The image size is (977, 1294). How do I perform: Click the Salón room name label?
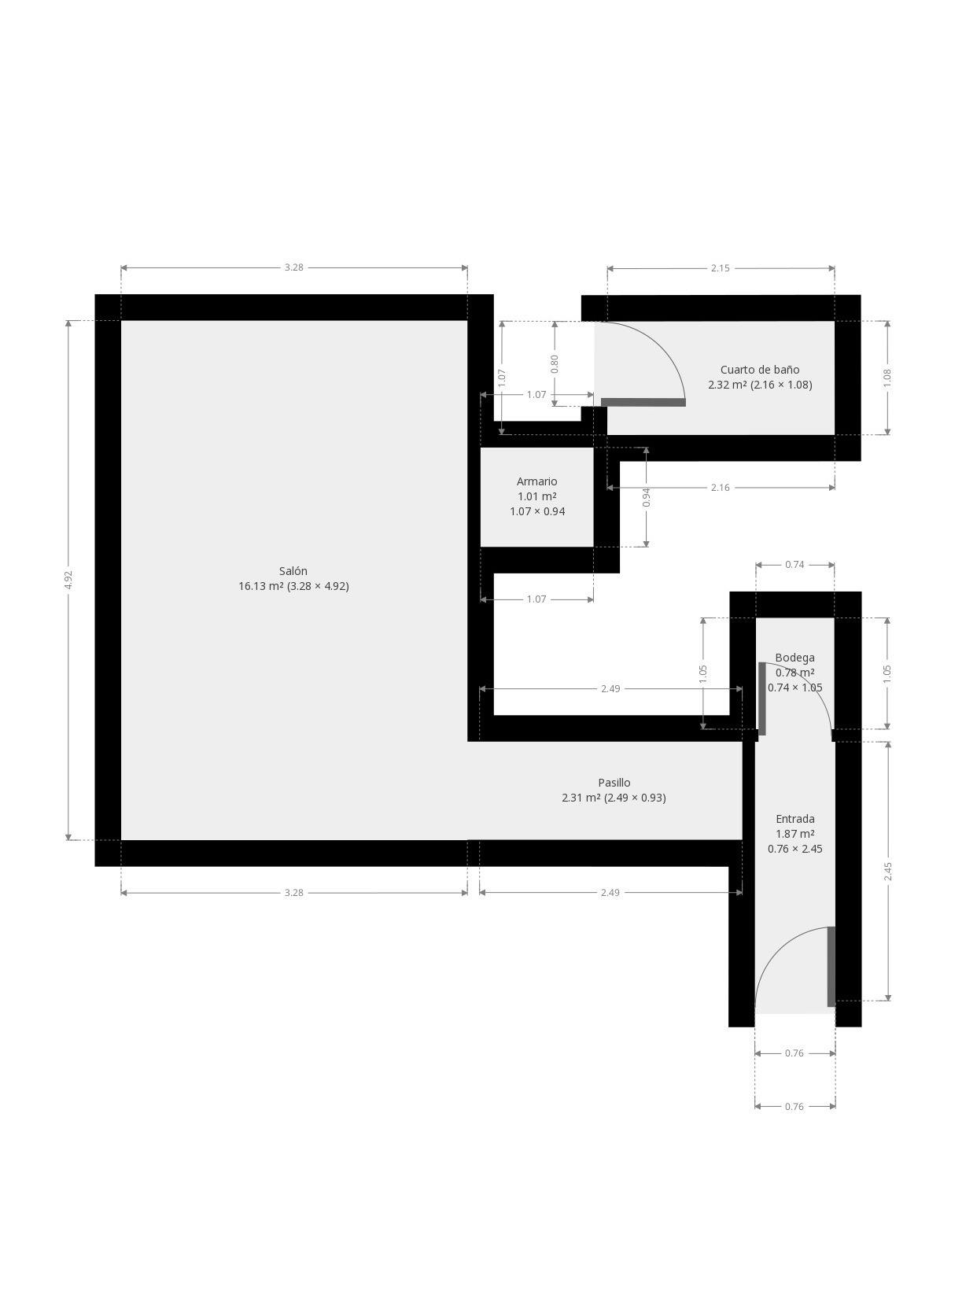click(293, 570)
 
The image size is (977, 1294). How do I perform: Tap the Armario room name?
click(536, 481)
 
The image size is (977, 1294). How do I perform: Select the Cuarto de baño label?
click(760, 370)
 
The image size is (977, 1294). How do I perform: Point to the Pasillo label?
click(614, 782)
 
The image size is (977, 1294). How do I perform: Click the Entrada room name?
click(795, 818)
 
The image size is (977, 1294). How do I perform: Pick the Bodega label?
click(795, 658)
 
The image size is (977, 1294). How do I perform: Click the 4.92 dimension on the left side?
click(68, 580)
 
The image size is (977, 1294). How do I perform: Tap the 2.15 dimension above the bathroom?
click(720, 268)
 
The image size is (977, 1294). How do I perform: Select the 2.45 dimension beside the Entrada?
click(887, 872)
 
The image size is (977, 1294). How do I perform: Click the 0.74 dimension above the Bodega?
click(795, 564)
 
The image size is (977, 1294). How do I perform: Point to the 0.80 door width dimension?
click(555, 363)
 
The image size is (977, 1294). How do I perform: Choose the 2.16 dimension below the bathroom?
click(720, 488)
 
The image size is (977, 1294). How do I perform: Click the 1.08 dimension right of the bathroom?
click(887, 378)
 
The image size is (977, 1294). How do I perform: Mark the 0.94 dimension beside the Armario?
click(647, 497)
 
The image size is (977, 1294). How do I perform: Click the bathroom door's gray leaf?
click(643, 402)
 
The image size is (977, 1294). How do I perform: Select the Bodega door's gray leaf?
click(761, 699)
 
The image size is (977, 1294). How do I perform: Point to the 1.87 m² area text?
click(795, 834)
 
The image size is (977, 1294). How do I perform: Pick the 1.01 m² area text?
click(536, 496)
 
